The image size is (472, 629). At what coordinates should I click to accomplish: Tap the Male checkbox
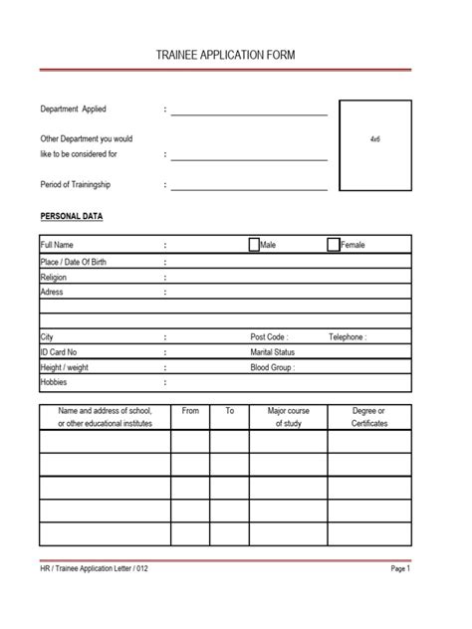click(x=254, y=244)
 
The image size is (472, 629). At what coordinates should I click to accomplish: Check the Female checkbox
click(x=333, y=244)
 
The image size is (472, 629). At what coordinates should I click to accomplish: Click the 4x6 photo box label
click(x=374, y=138)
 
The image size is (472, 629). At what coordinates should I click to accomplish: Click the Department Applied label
click(x=73, y=108)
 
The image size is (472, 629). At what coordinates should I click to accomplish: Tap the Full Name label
click(x=57, y=245)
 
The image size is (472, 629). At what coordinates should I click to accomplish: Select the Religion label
click(x=54, y=278)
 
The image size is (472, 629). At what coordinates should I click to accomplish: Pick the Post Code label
click(x=269, y=337)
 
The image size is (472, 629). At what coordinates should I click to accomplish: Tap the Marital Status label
click(x=273, y=352)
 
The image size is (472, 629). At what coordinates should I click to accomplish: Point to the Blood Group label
click(x=273, y=367)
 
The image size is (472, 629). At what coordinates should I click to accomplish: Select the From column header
click(x=191, y=410)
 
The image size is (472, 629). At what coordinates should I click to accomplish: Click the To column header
click(x=229, y=410)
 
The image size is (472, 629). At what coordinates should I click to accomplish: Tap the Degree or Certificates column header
click(x=368, y=417)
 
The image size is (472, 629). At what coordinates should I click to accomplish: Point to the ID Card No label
click(x=59, y=352)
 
